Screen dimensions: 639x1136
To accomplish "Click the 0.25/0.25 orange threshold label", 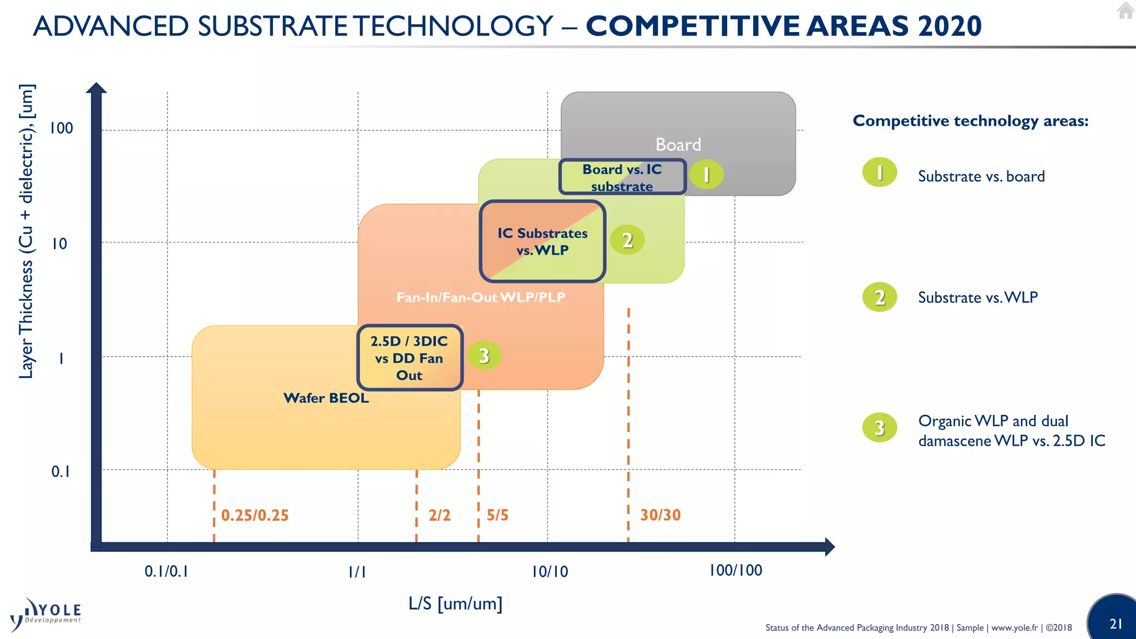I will point(255,515).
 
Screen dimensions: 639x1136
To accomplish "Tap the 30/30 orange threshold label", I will point(660,515).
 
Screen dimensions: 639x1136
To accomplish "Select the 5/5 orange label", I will point(497,515).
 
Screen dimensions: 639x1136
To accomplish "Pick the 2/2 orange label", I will point(439,515).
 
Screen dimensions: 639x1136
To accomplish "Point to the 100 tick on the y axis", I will point(61,128).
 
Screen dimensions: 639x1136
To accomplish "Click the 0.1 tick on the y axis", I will point(61,471).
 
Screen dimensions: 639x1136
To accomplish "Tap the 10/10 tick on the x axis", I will point(550,572).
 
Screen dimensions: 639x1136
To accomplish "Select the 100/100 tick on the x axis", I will point(736,570).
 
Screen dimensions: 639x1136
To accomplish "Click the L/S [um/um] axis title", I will point(455,603).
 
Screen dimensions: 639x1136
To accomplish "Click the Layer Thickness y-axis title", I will point(27,232).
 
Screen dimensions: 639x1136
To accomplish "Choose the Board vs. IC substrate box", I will point(622,177).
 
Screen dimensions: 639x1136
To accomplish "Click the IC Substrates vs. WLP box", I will point(542,241).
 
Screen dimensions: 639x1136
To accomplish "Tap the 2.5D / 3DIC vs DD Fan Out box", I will point(409,358).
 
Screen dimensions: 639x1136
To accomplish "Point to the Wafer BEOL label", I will point(326,398).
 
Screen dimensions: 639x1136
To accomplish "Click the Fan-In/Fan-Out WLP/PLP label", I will point(480,297).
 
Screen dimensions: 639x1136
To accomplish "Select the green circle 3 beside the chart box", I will point(484,356).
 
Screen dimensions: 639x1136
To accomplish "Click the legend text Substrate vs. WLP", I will point(977,297).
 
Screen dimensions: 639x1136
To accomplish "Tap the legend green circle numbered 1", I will point(879,173).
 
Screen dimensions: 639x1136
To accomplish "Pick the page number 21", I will point(1116,623).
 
